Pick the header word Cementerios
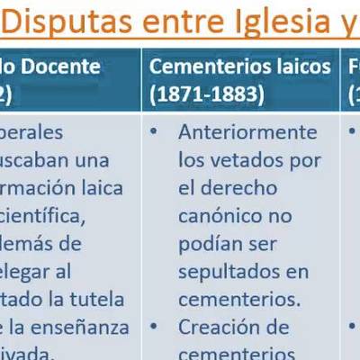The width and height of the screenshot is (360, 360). (x=205, y=66)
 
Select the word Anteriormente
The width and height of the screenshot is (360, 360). (x=247, y=132)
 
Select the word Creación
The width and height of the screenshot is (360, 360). (x=233, y=326)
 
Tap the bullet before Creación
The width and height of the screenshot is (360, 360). (x=155, y=326)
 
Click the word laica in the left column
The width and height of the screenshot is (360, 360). (x=110, y=188)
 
